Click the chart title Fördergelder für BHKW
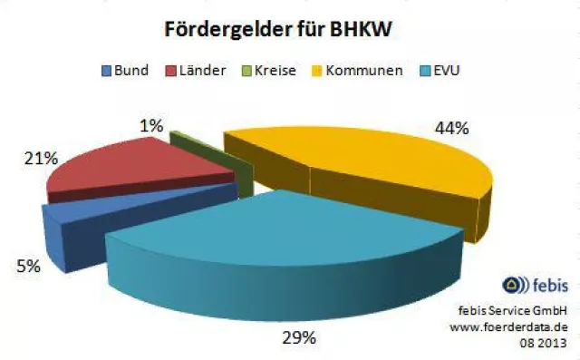click(277, 29)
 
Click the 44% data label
click(450, 129)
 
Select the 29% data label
click(297, 338)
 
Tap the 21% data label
click(40, 160)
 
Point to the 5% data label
click(26, 268)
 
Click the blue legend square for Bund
click(106, 70)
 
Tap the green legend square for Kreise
click(247, 70)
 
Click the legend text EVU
click(448, 70)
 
